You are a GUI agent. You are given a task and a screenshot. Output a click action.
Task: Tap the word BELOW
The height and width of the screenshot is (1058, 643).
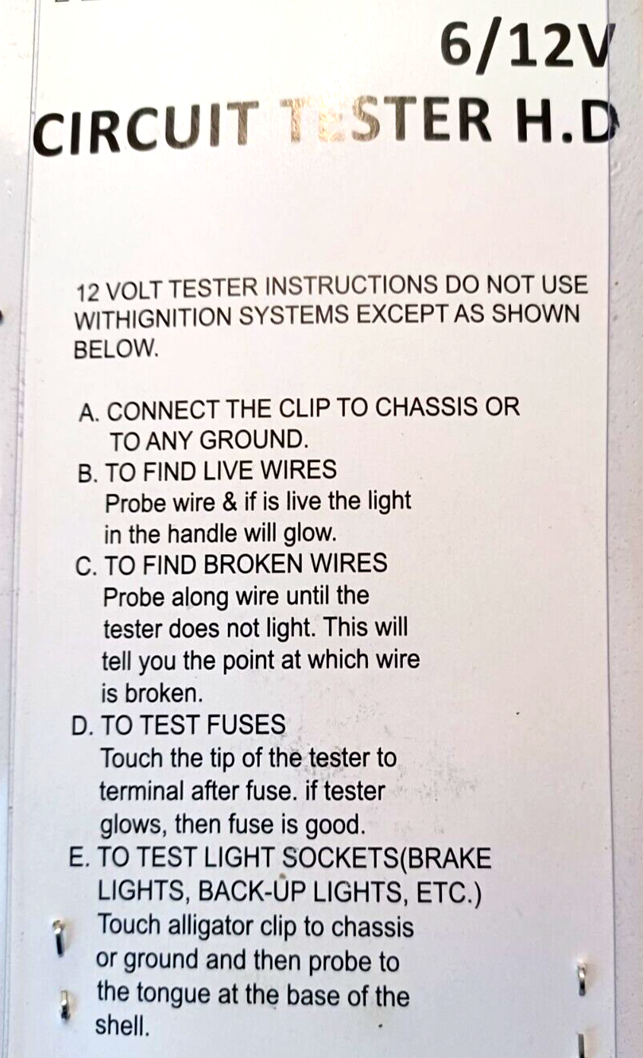click(115, 349)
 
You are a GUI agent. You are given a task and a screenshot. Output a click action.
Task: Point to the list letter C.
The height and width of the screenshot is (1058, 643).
click(85, 565)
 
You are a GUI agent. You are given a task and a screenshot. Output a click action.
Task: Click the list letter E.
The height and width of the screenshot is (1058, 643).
click(78, 859)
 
